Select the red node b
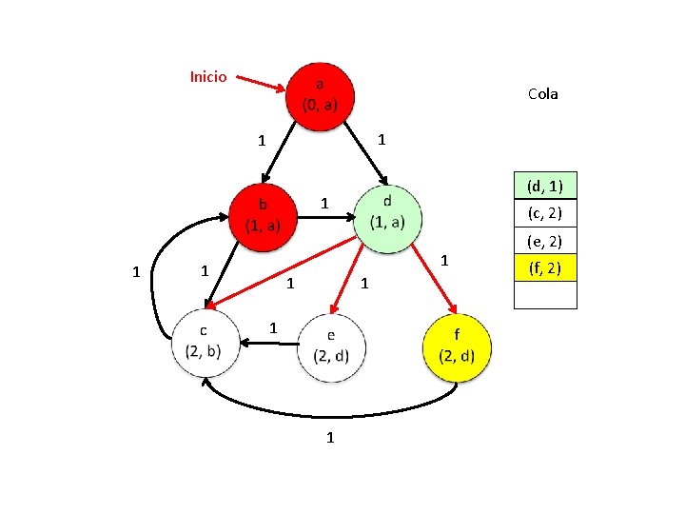tap(263, 214)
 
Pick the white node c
tap(199, 340)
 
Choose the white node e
tap(330, 347)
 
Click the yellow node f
tap(458, 346)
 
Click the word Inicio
tap(208, 76)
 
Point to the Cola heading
tap(542, 93)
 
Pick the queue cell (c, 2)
tap(545, 213)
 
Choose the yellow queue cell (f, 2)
tap(545, 269)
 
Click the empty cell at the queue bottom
tap(545, 296)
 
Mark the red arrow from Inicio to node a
tap(260, 84)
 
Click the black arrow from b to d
tap(323, 216)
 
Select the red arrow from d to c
tap(285, 273)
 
